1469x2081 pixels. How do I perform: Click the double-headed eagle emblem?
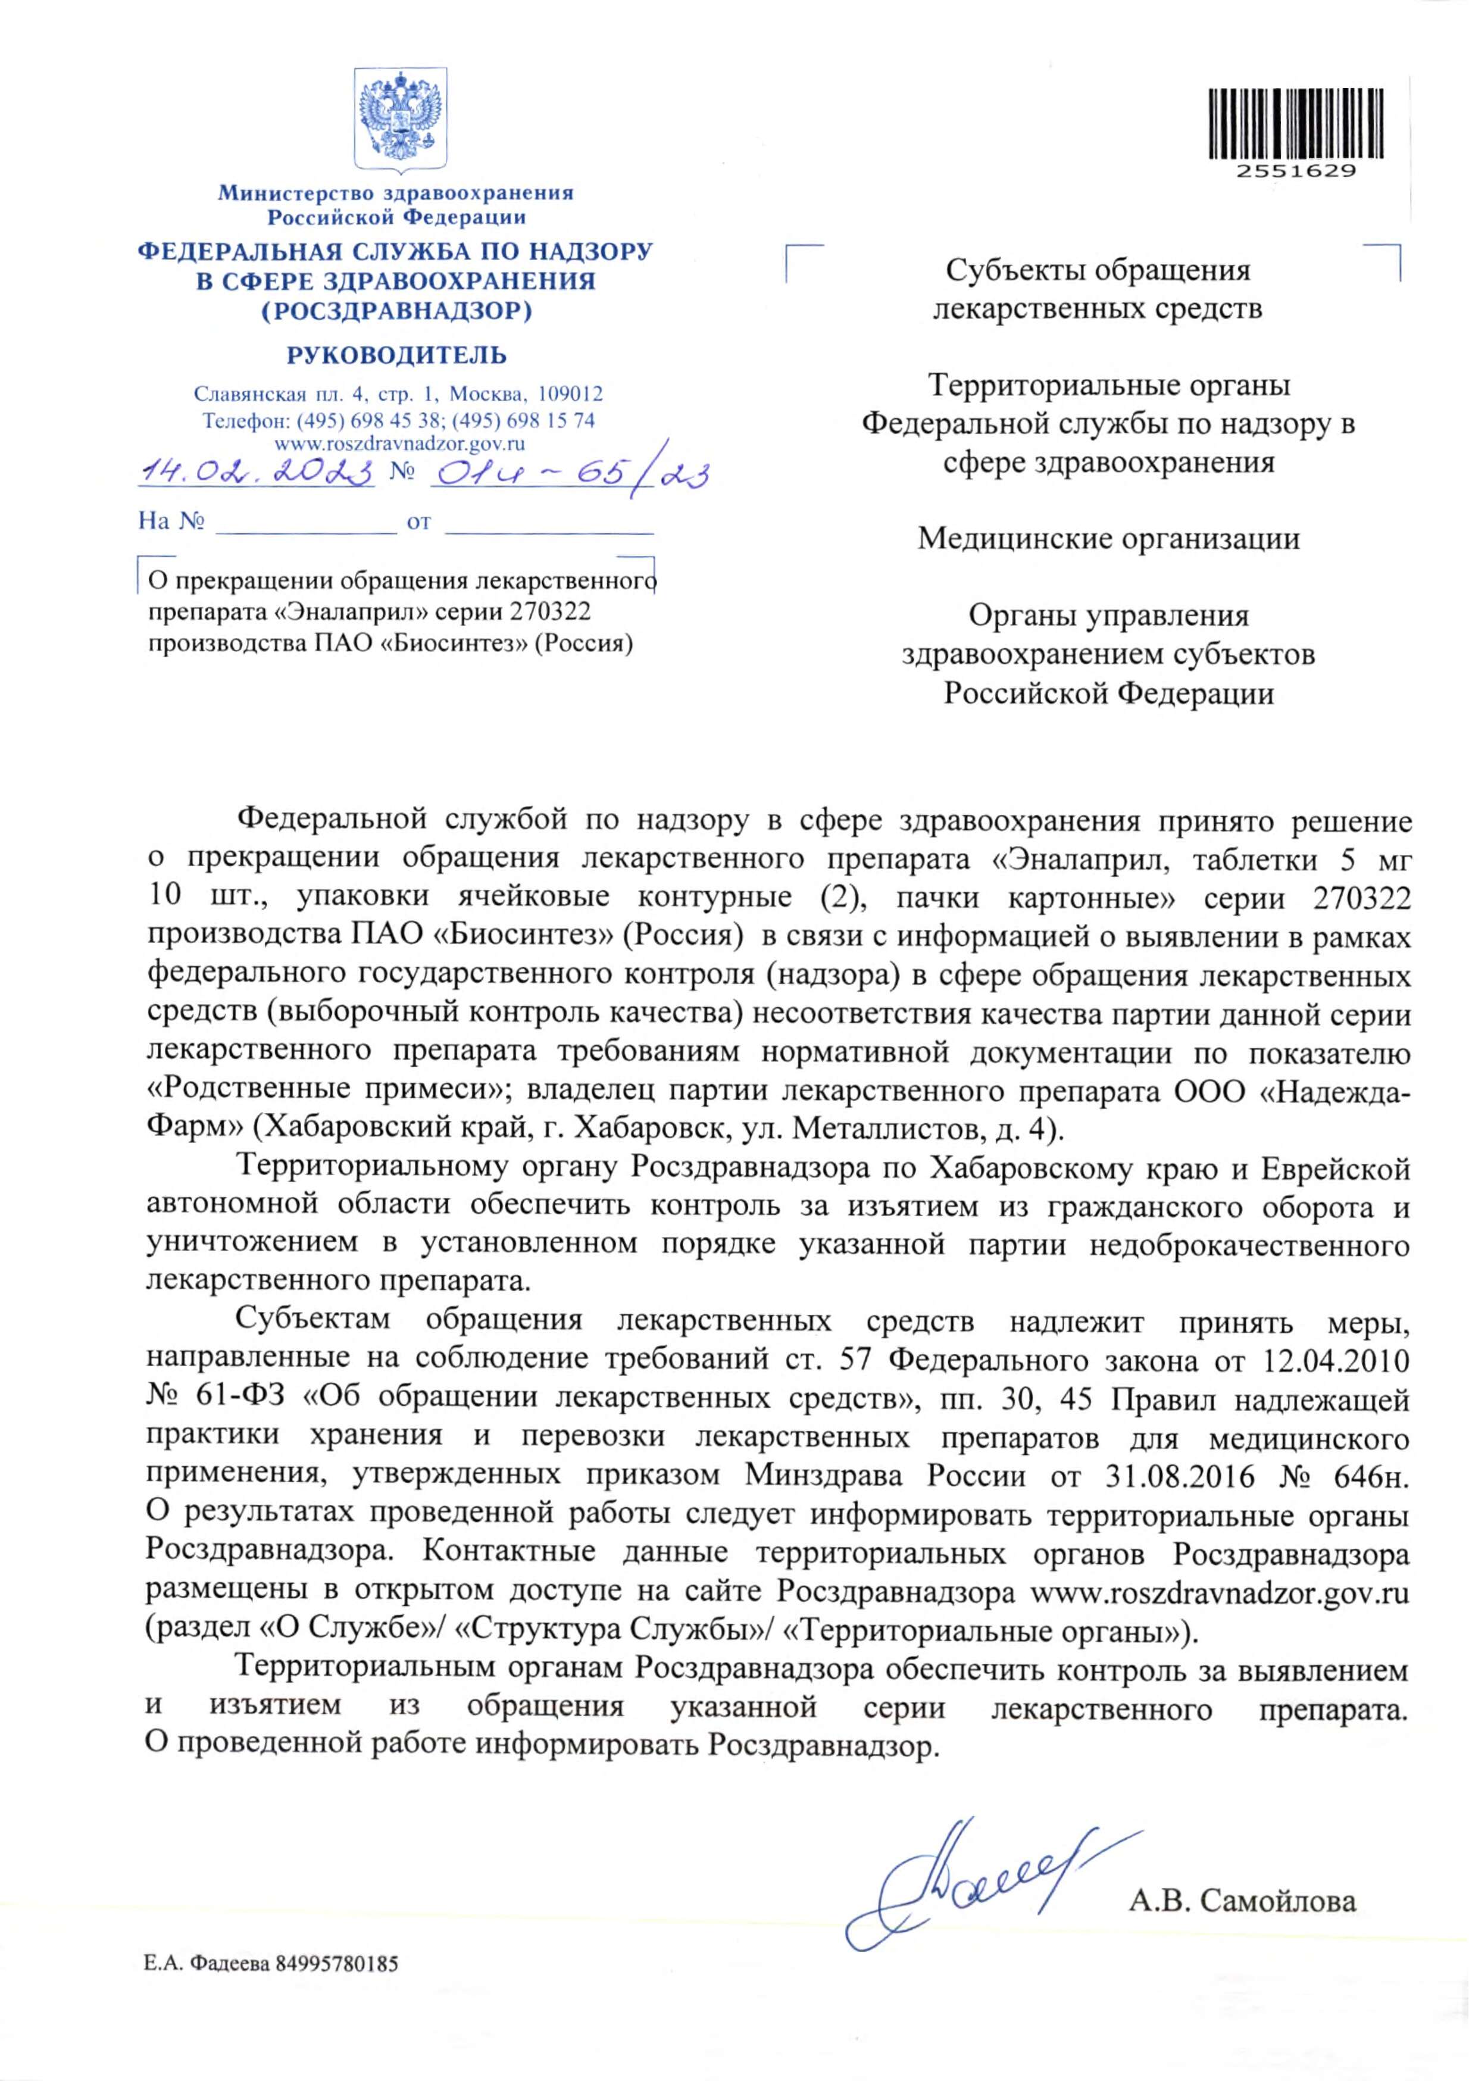click(x=399, y=118)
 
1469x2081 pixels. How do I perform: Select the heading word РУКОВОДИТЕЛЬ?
click(x=397, y=355)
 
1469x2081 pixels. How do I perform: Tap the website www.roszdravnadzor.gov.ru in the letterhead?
click(x=399, y=444)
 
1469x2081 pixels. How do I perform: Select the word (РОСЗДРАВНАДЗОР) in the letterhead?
click(x=397, y=311)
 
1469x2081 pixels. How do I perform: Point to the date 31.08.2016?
click(x=1180, y=1476)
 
